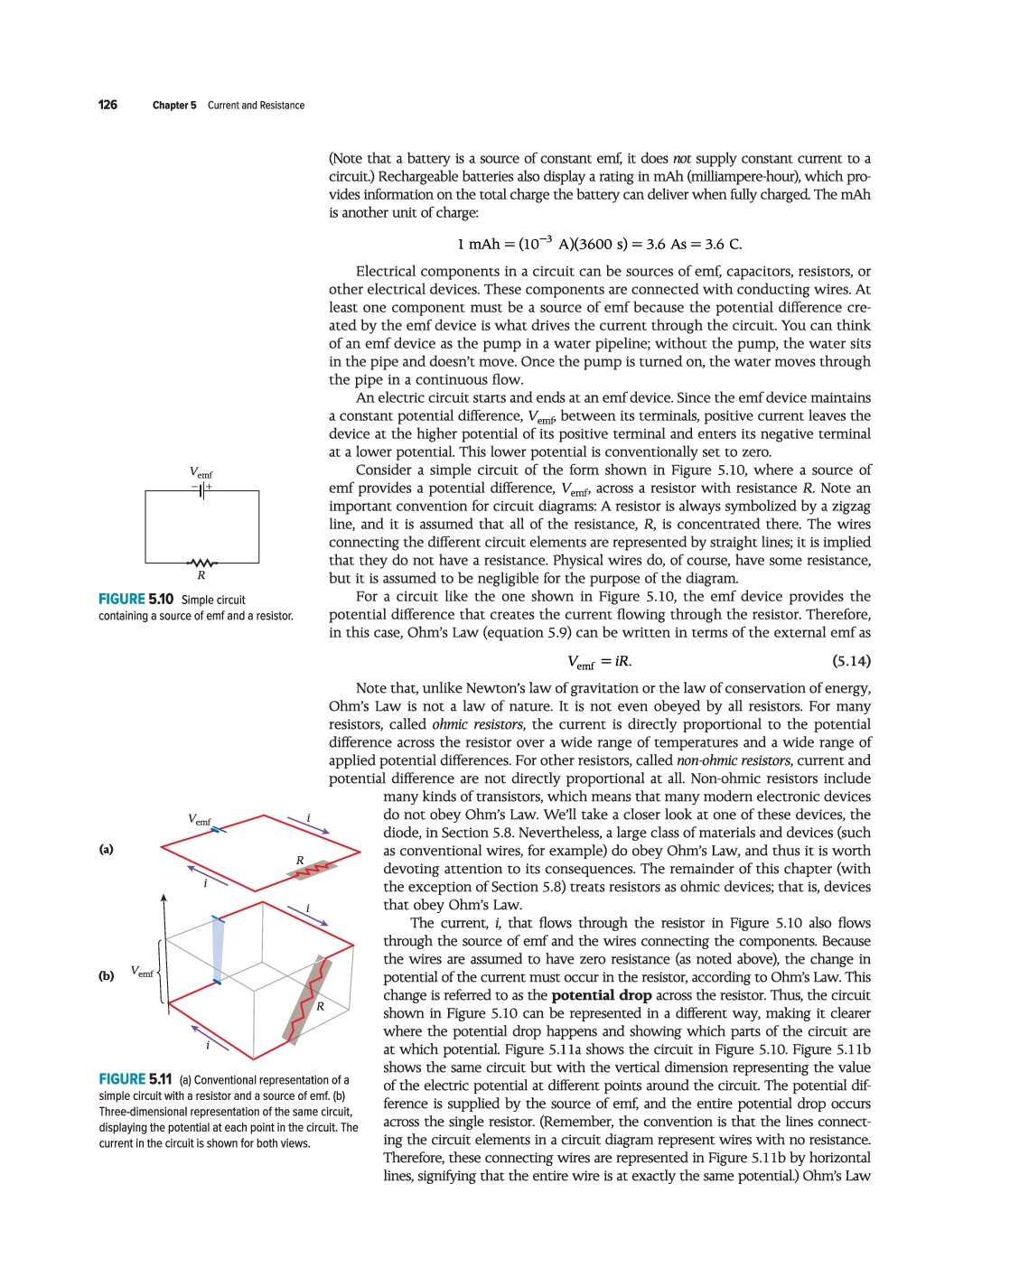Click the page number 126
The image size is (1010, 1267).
108,105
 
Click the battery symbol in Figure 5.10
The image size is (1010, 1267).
202,490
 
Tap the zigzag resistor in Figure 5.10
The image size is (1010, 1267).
201,563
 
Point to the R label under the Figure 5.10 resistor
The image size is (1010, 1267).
201,575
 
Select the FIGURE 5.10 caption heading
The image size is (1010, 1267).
136,600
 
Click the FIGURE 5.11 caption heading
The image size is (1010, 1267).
136,1079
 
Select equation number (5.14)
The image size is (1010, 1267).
851,661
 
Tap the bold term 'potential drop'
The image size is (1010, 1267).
602,995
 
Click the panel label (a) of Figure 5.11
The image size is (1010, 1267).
107,849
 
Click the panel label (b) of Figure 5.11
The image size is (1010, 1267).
107,975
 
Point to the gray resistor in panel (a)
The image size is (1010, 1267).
313,871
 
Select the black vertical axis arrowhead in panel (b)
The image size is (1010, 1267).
164,899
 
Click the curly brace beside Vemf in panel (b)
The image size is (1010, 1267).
159,972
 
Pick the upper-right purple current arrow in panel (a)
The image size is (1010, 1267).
308,825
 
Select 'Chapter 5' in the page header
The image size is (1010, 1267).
174,106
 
